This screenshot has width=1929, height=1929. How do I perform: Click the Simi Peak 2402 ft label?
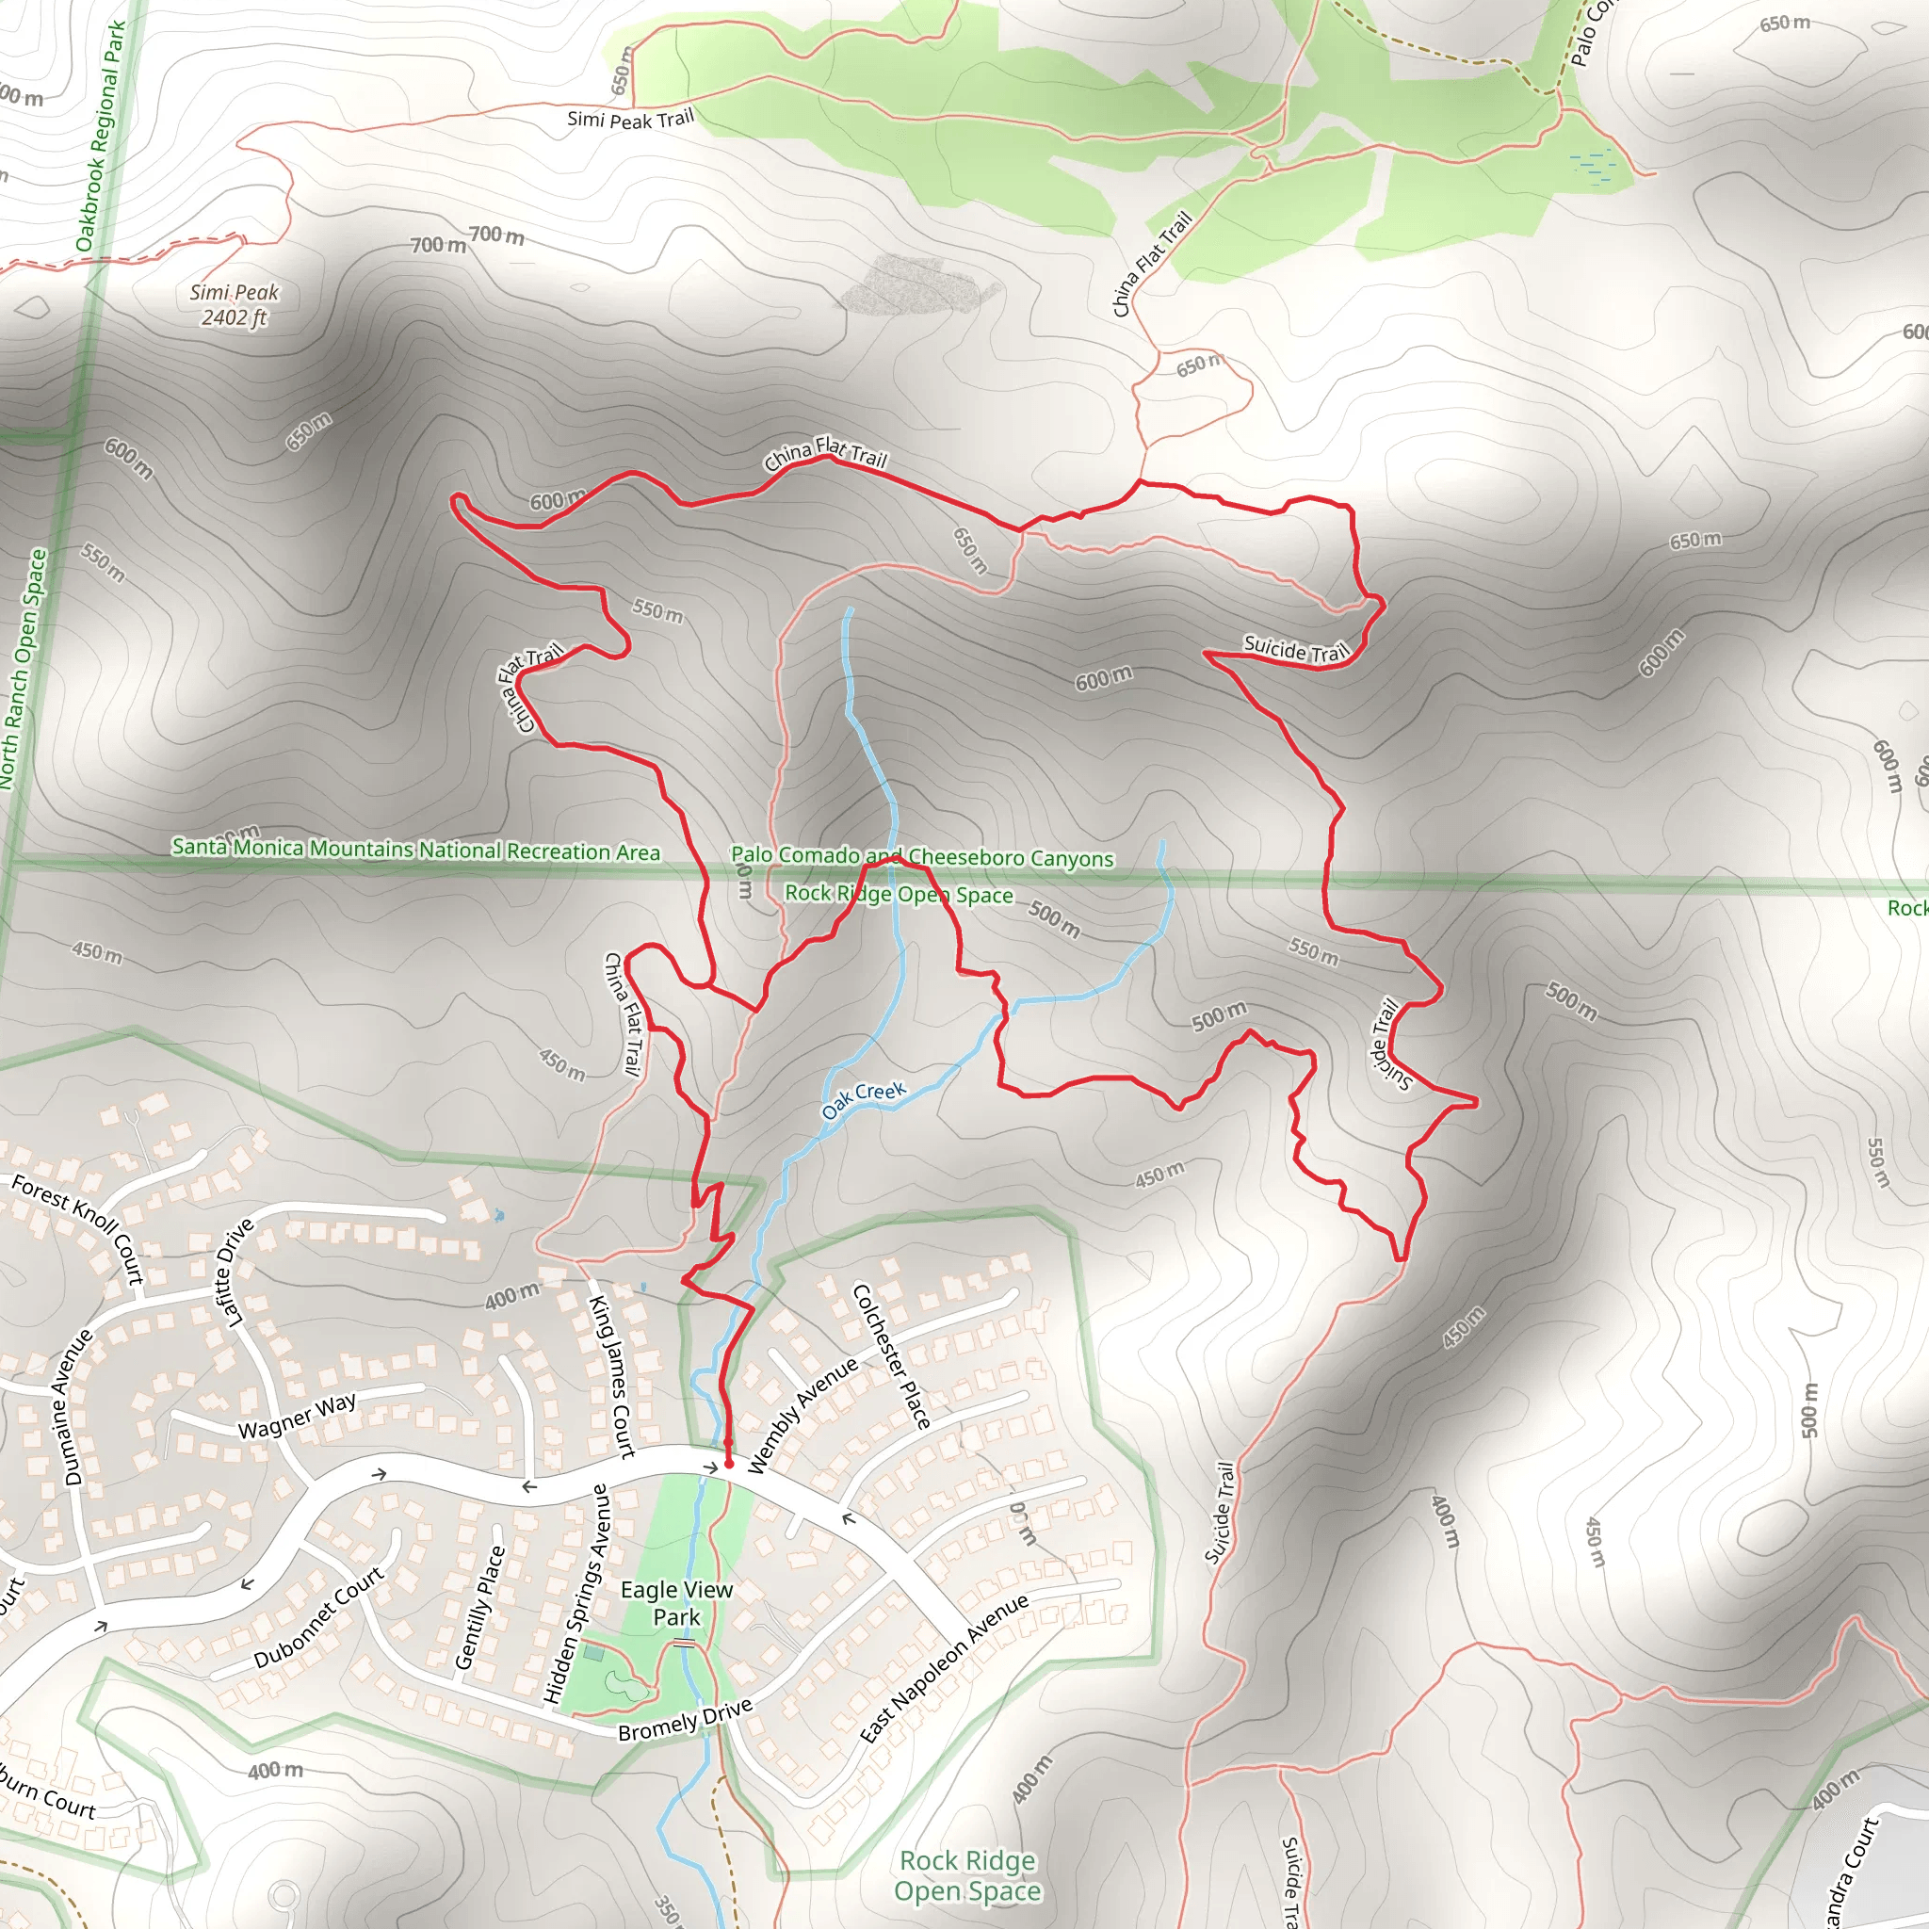(x=235, y=304)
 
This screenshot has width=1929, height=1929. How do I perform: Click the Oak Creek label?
(x=864, y=1099)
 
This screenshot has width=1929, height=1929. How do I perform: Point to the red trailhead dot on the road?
(x=729, y=1464)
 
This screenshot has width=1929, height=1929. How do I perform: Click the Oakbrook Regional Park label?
(x=101, y=137)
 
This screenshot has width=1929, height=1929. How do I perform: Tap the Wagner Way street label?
(x=297, y=1416)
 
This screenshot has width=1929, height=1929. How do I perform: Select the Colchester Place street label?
(x=891, y=1356)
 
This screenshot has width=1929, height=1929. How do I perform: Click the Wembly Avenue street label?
(x=802, y=1415)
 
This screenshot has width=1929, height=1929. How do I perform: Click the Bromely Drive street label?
(x=685, y=1719)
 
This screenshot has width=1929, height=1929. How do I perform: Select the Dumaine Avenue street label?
(x=78, y=1408)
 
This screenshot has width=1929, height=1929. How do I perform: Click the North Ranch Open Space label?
(x=23, y=670)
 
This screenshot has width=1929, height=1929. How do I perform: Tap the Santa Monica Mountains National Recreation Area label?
(x=415, y=850)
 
